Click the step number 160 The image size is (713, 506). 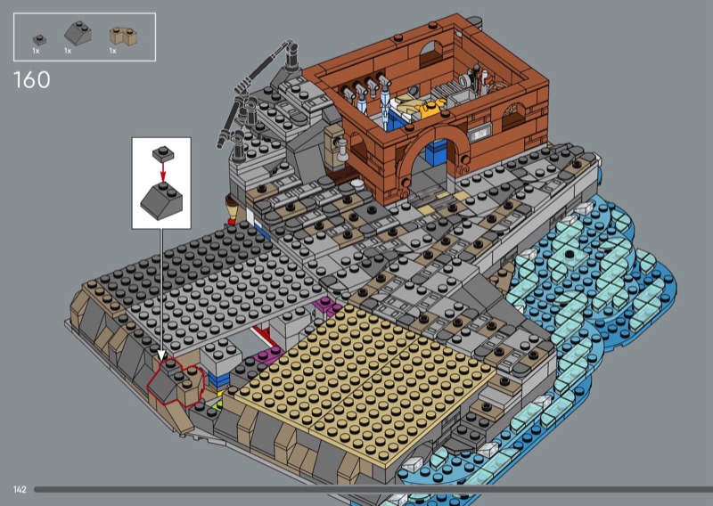(32, 79)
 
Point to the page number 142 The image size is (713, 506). (20, 490)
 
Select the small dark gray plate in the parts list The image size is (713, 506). (39, 40)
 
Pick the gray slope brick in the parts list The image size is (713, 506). (78, 33)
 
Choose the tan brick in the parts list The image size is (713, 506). (123, 37)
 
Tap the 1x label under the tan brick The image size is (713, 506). (113, 51)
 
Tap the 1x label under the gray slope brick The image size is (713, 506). (68, 51)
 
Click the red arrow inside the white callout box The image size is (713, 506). (163, 172)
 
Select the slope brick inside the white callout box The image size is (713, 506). (161, 201)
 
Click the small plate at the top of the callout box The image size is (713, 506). (164, 153)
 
